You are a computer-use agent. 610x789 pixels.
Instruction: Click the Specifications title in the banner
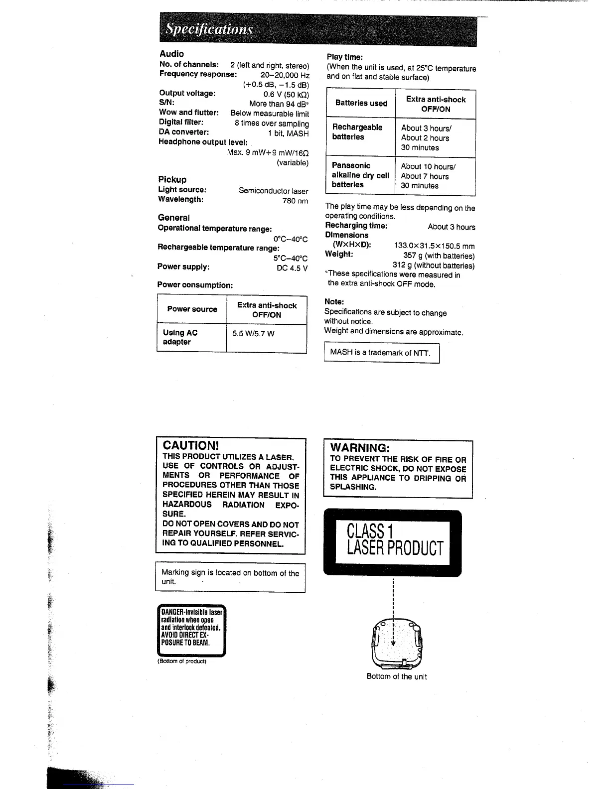[210, 29]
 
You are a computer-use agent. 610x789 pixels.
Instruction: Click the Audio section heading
[171, 54]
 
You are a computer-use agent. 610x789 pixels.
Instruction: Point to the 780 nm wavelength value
[295, 201]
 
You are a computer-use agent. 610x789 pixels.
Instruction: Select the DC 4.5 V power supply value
[292, 268]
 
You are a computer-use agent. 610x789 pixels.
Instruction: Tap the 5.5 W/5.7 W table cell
[253, 333]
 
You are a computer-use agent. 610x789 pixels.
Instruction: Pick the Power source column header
[192, 309]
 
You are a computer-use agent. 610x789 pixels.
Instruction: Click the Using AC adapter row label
[180, 337]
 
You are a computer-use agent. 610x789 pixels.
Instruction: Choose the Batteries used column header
[361, 103]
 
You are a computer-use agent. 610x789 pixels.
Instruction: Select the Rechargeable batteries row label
[357, 132]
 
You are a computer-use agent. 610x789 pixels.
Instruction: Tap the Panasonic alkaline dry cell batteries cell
[360, 175]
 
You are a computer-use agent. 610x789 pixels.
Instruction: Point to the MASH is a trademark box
[381, 353]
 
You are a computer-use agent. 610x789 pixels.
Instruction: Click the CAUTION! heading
[190, 445]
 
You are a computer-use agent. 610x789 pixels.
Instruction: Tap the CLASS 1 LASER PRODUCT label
[394, 540]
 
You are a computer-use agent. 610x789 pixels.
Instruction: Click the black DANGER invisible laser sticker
[191, 631]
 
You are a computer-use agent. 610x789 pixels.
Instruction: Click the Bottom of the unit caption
[396, 676]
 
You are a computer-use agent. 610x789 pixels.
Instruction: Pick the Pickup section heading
[172, 179]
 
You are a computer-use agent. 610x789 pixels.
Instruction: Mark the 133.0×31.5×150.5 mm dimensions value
[434, 246]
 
